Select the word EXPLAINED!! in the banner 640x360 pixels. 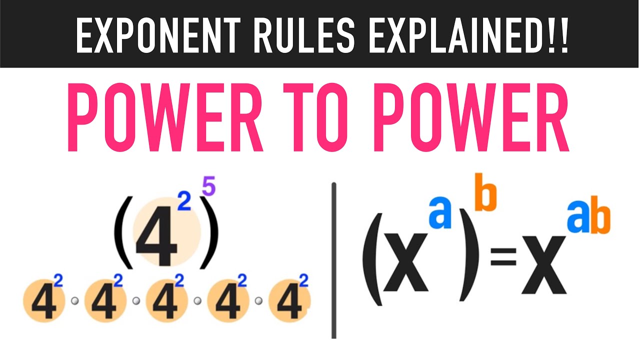point(468,35)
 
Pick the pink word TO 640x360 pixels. point(315,117)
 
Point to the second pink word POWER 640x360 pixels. point(471,117)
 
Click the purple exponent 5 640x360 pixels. point(208,186)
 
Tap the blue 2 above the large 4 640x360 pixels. point(184,201)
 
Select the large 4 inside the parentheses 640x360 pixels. point(156,239)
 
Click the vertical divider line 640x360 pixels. point(333,260)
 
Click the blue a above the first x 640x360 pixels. point(440,213)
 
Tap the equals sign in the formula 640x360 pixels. point(503,256)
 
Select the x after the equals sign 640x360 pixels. point(544,265)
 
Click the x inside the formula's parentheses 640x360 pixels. point(406,262)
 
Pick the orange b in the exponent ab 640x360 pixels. point(600,215)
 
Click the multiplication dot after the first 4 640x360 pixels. point(75,301)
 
